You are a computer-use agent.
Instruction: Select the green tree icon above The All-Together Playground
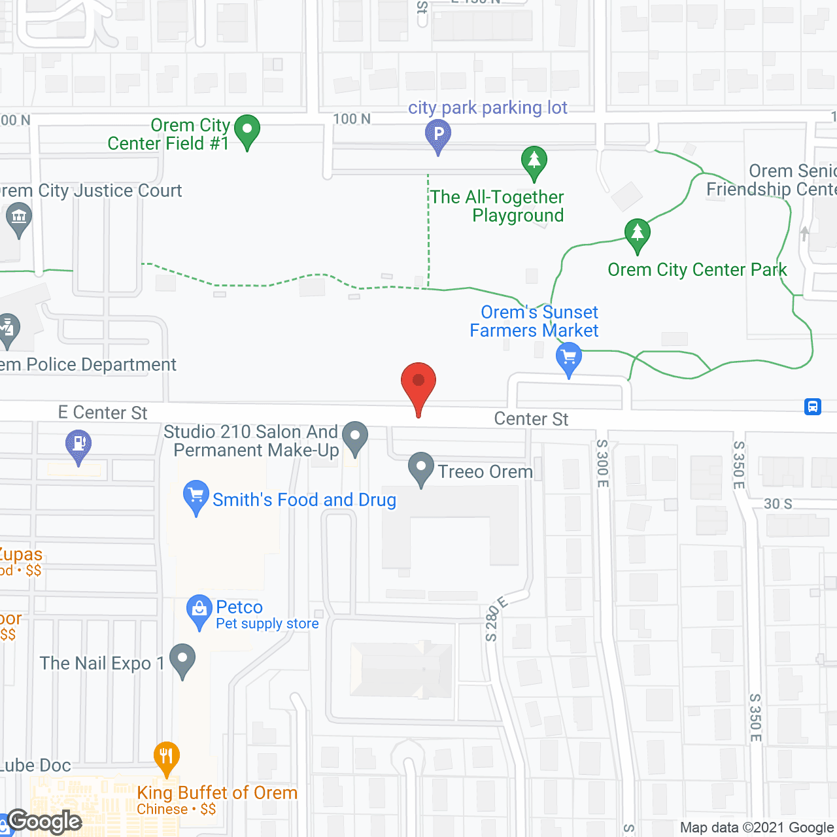click(534, 160)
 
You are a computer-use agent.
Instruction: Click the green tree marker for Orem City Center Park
click(637, 233)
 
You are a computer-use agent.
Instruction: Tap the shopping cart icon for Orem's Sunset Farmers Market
click(569, 358)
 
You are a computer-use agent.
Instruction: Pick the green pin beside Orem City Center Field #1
click(247, 129)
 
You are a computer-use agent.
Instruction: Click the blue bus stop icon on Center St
click(813, 407)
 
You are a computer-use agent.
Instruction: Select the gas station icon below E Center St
click(78, 444)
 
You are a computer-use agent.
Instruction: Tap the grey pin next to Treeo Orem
click(421, 468)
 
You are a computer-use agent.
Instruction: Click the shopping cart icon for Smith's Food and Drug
click(196, 496)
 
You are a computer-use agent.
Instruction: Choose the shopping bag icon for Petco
click(199, 609)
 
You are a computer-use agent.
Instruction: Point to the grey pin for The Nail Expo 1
click(182, 658)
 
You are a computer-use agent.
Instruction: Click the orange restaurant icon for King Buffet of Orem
click(167, 757)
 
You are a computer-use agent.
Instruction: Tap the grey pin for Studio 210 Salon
click(355, 436)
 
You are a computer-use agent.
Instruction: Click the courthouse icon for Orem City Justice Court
click(18, 218)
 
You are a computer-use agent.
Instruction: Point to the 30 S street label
click(778, 504)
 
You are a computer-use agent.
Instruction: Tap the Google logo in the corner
click(44, 821)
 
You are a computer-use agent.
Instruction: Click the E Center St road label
click(103, 413)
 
